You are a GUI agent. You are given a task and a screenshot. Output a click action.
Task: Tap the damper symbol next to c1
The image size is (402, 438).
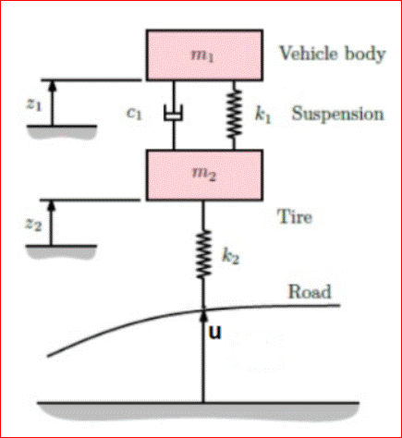tap(173, 115)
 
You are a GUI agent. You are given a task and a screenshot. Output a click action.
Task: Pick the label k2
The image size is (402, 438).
tap(232, 256)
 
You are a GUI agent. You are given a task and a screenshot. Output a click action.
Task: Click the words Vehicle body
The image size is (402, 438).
tap(332, 53)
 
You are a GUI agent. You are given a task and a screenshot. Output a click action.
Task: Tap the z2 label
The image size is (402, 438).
tap(33, 225)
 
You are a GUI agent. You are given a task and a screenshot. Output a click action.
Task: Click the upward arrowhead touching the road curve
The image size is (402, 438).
tap(202, 317)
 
